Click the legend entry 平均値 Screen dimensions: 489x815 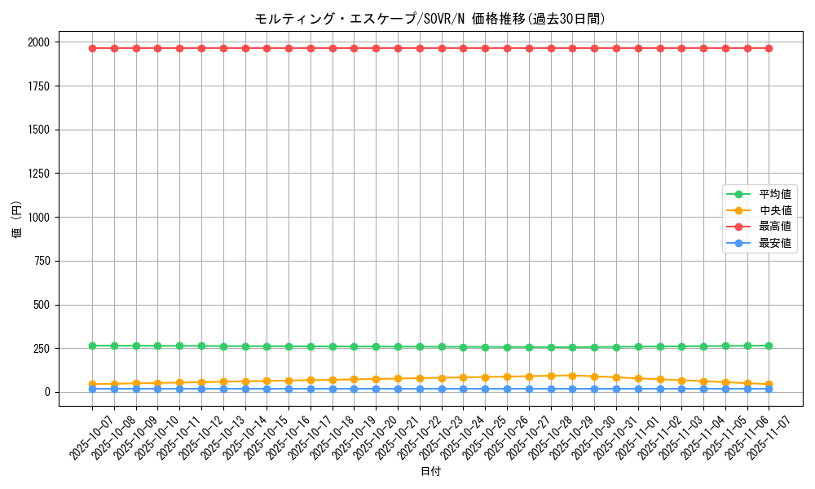click(x=775, y=194)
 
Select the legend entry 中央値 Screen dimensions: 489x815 click(x=775, y=211)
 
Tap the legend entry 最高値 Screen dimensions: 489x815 click(x=775, y=227)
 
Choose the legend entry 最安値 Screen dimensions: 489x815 click(x=775, y=244)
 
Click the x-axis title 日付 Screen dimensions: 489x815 click(x=430, y=472)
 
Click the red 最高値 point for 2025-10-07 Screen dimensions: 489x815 click(x=92, y=48)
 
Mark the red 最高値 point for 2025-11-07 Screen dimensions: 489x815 click(x=769, y=48)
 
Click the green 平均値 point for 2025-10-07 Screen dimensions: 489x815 click(x=92, y=346)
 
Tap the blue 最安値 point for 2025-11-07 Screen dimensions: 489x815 click(x=769, y=389)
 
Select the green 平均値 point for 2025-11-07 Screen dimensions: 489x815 click(x=769, y=346)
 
